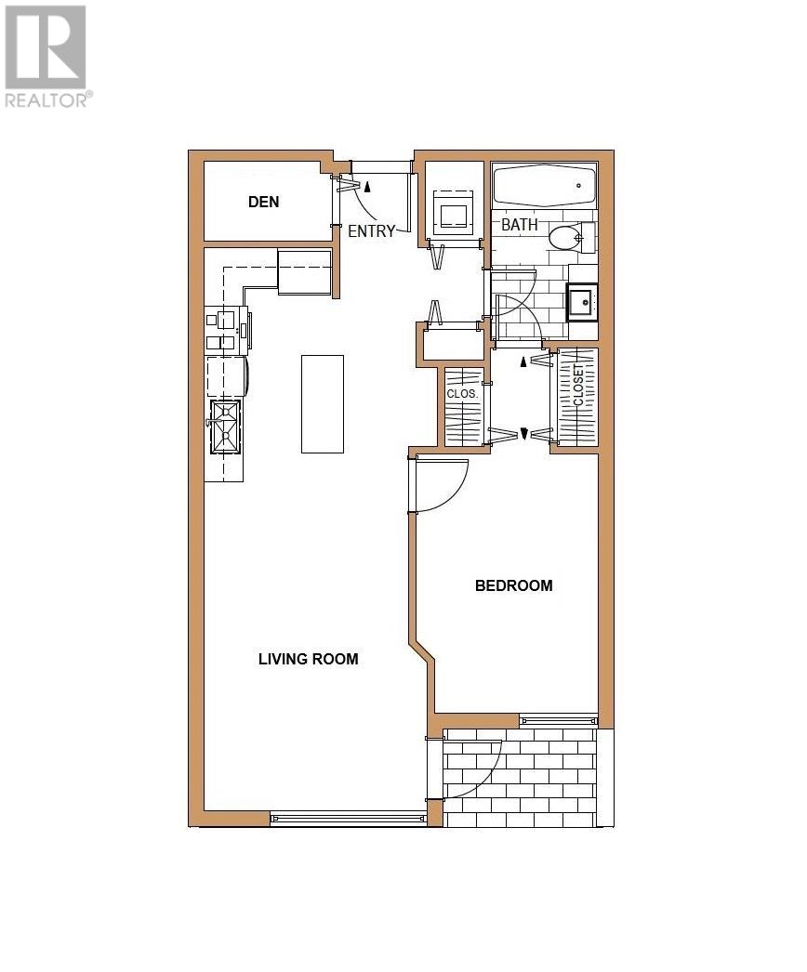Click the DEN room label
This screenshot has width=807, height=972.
pos(263,202)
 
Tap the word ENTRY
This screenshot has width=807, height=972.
pos(372,231)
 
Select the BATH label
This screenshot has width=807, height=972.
pos(519,225)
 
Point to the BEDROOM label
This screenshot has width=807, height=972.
pos(513,585)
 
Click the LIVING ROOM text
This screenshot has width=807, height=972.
pos(308,659)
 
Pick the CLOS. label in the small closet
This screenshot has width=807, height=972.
pos(462,393)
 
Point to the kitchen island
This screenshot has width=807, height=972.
pos(323,403)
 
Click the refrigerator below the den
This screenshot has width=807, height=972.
pos(305,272)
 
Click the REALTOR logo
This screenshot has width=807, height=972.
pos(46,56)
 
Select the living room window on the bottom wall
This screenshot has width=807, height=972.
pos(348,818)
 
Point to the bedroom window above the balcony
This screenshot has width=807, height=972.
pos(558,719)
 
